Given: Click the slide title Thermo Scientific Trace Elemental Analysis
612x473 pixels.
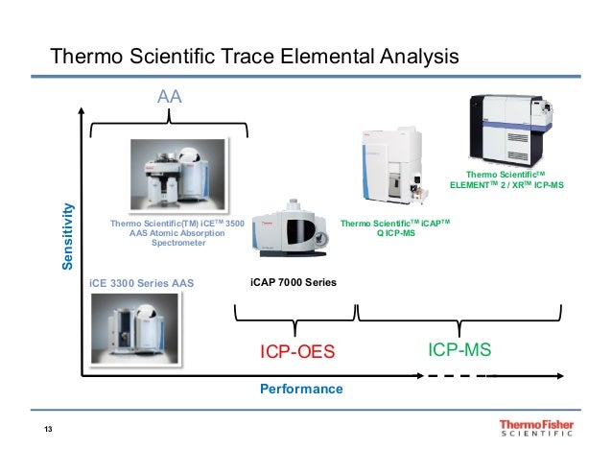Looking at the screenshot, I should coord(254,57).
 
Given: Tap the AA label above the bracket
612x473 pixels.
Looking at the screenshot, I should coord(170,97).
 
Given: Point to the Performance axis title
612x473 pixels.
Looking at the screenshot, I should coord(301,390).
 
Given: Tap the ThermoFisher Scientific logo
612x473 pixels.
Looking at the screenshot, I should coord(536,429).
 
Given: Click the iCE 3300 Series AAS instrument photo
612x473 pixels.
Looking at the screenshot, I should coord(134,325).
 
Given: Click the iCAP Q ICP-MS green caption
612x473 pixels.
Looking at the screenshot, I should coord(394,227).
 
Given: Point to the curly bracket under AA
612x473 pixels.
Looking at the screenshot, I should coord(169,122).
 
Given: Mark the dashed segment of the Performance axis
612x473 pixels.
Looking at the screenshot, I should coord(459,376).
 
